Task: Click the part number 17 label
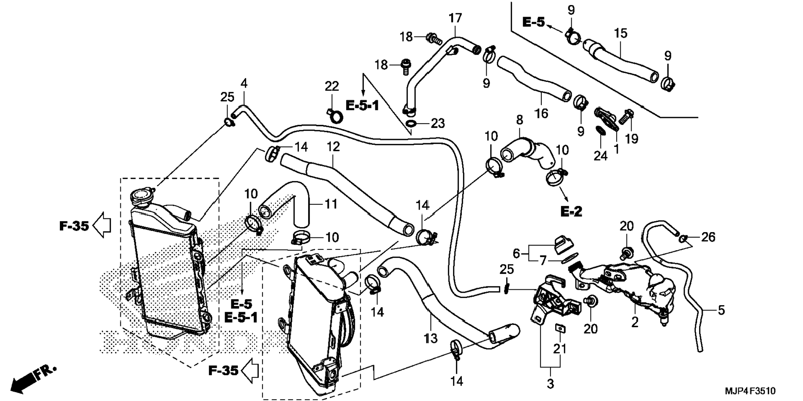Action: (x=455, y=18)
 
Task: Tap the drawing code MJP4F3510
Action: (x=750, y=391)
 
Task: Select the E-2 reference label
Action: (x=571, y=212)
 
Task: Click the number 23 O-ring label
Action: (x=438, y=123)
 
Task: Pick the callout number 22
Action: (x=332, y=86)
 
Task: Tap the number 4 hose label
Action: (x=244, y=83)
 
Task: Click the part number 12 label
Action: (x=333, y=147)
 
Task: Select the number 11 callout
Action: (x=331, y=204)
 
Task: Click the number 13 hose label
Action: (x=431, y=338)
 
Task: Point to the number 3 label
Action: (x=550, y=384)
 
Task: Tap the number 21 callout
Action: (x=560, y=349)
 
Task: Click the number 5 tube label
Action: (x=721, y=310)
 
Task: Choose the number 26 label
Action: (x=708, y=237)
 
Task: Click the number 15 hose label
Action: (x=621, y=33)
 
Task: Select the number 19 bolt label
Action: (x=632, y=139)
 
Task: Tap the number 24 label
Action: (x=600, y=156)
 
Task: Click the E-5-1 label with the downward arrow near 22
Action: (x=362, y=106)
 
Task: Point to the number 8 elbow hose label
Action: (x=519, y=120)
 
